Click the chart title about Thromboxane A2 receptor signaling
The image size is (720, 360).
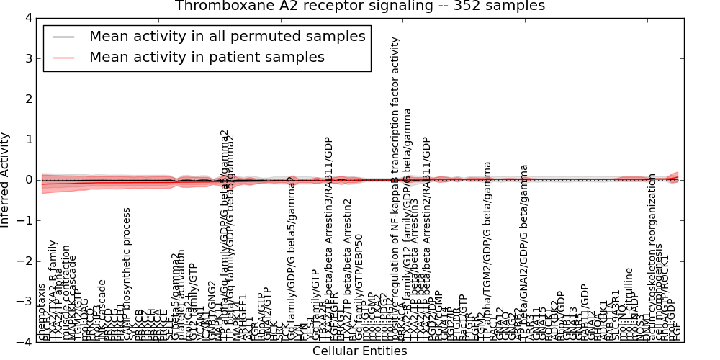[359, 6]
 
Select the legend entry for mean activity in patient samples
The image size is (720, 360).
[207, 57]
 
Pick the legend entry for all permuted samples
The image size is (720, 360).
[227, 36]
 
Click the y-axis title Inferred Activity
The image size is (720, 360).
[6, 180]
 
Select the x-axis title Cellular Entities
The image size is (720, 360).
[359, 351]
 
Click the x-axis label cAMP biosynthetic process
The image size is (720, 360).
[127, 274]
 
